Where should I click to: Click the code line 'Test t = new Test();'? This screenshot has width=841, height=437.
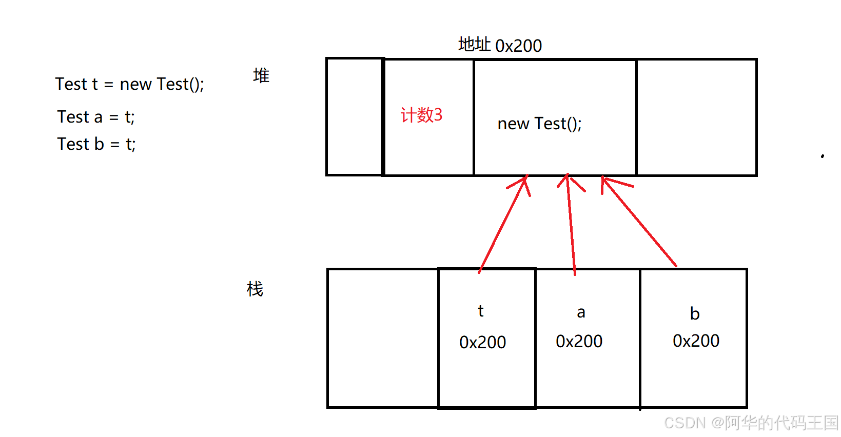pos(129,84)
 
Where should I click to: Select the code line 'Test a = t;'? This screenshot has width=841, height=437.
pos(96,117)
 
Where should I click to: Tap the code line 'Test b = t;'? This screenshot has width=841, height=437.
pos(96,144)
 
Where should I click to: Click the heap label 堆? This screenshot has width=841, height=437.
pos(261,76)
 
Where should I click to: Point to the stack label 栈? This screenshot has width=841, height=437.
pos(255,289)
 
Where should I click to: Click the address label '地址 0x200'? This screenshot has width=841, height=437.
pos(500,45)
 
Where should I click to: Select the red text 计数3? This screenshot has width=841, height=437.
pos(421,115)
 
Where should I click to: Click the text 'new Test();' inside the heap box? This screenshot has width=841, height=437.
pos(539,124)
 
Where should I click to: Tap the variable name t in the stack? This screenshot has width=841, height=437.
pos(481,311)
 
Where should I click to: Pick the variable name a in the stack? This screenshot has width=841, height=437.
pos(581,312)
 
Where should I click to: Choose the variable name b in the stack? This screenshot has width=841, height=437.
pos(695,313)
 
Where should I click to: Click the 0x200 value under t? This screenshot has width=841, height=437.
pos(482,342)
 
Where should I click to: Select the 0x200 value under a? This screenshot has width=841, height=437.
pos(579,341)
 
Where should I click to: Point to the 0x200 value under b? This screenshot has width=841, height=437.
pos(696,341)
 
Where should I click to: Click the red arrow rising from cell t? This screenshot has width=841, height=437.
pos(503,223)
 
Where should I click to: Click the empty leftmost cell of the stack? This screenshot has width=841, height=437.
pos(382,338)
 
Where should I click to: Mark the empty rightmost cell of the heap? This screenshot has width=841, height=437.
pos(696,117)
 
